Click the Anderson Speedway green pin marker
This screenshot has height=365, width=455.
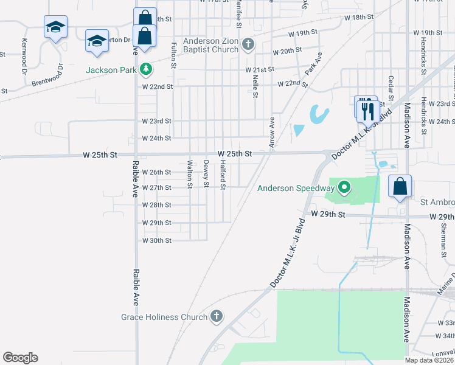344,188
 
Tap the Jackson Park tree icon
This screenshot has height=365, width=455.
145,70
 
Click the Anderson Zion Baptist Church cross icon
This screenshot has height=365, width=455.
247,44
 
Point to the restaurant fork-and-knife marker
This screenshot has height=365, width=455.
367,110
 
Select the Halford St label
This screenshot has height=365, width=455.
223,174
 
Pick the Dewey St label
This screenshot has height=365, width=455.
206,174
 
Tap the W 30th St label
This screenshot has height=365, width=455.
157,241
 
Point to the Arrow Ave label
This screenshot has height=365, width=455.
271,131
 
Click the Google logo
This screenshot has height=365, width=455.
20,358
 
